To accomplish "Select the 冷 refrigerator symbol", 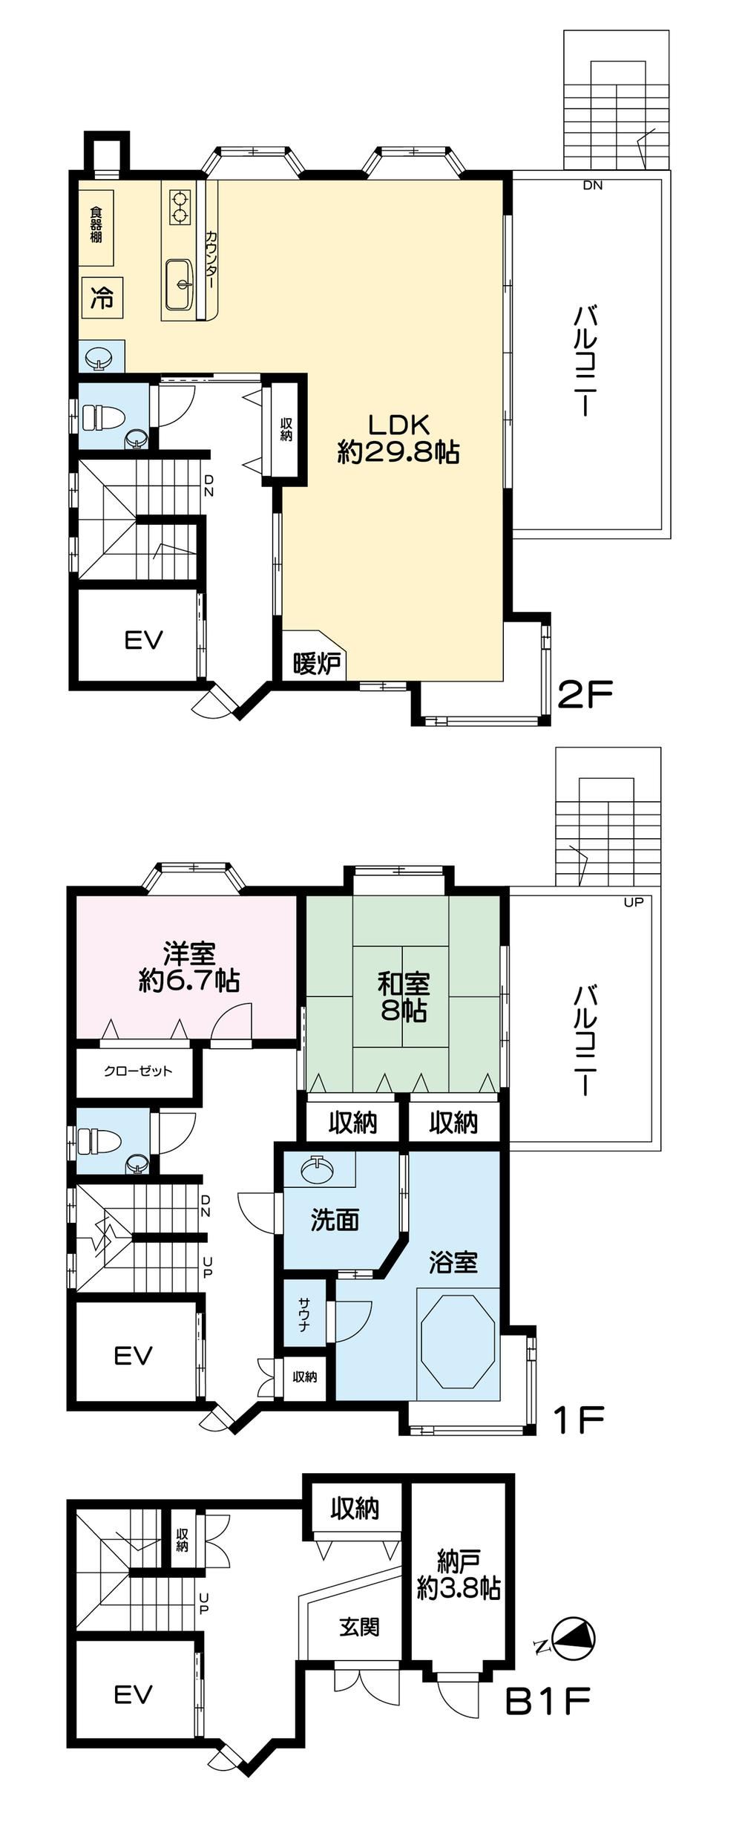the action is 102,298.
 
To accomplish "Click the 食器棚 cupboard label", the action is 96,225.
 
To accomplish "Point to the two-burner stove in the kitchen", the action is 179,207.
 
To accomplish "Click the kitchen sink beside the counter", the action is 180,284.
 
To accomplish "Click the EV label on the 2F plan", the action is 143,639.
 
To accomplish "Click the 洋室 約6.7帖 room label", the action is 189,967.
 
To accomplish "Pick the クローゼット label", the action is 138,1071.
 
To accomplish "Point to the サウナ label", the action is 305,1314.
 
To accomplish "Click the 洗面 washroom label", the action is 335,1220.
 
